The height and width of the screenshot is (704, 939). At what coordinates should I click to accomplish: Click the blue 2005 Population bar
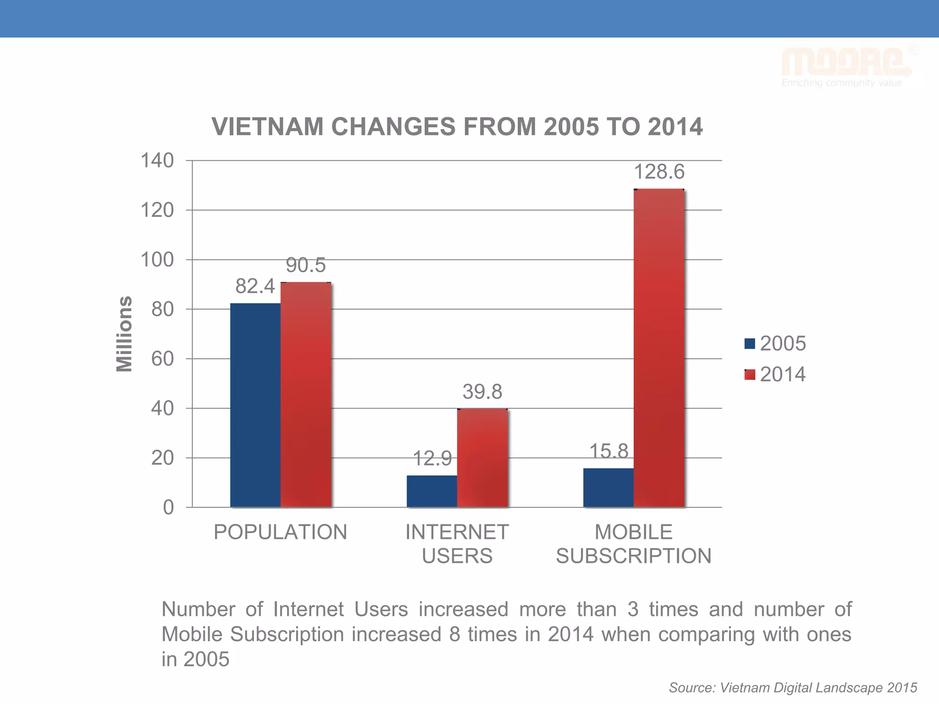click(255, 405)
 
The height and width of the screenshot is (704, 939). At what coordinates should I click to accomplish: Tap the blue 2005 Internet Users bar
click(431, 491)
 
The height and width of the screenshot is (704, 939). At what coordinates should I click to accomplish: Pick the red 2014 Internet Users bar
click(482, 458)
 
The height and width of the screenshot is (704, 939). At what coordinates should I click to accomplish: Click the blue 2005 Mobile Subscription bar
click(608, 488)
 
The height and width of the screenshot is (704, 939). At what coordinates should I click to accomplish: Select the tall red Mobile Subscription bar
click(659, 348)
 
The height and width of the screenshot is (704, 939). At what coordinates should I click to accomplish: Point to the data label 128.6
click(659, 172)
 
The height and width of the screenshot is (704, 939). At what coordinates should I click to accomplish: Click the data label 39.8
click(482, 392)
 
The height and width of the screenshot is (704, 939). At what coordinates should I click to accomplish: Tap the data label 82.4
click(255, 286)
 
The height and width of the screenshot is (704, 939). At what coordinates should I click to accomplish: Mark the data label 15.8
click(608, 451)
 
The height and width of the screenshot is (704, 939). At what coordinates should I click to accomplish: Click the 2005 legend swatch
click(750, 344)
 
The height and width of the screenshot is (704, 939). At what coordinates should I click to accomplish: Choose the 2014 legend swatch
click(750, 375)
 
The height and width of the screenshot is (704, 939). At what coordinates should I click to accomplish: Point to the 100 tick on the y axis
click(157, 260)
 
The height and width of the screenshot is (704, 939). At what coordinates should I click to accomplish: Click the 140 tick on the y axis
click(157, 161)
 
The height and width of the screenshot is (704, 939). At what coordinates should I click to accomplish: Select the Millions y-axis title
click(124, 334)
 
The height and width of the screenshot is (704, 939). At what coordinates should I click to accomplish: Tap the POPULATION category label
click(280, 532)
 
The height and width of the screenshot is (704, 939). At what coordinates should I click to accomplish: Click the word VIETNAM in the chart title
click(267, 127)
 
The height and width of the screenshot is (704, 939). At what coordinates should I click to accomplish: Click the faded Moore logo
click(846, 64)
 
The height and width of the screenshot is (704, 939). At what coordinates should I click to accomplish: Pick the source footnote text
click(793, 687)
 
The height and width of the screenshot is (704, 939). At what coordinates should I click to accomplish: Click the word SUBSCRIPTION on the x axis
click(634, 556)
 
